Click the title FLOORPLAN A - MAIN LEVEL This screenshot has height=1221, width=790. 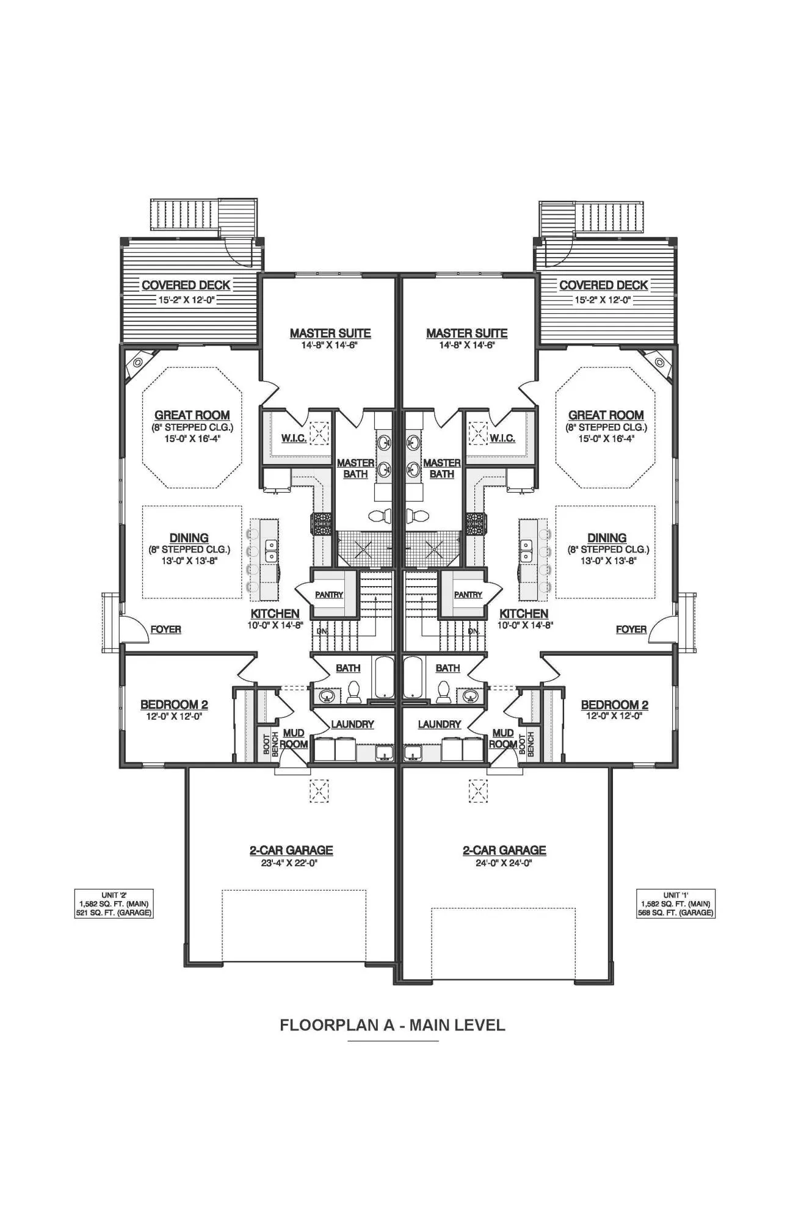(x=393, y=1025)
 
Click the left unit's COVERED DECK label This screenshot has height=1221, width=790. (x=186, y=285)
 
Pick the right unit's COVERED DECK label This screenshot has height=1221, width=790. (x=604, y=285)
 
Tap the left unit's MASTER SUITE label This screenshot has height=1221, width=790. (x=330, y=333)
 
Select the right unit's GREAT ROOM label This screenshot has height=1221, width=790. (x=606, y=415)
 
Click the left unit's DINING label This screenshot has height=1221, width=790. (x=189, y=538)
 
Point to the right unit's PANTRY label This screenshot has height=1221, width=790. (x=468, y=595)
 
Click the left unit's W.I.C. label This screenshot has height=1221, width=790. (x=294, y=438)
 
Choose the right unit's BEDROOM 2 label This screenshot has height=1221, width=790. (x=615, y=705)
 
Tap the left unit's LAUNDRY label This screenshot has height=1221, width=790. (x=352, y=724)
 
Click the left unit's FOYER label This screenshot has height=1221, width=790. (x=166, y=629)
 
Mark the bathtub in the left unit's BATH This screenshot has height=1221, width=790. (x=385, y=678)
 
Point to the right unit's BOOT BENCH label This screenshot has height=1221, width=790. (x=526, y=744)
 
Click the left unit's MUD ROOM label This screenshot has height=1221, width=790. (x=294, y=739)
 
